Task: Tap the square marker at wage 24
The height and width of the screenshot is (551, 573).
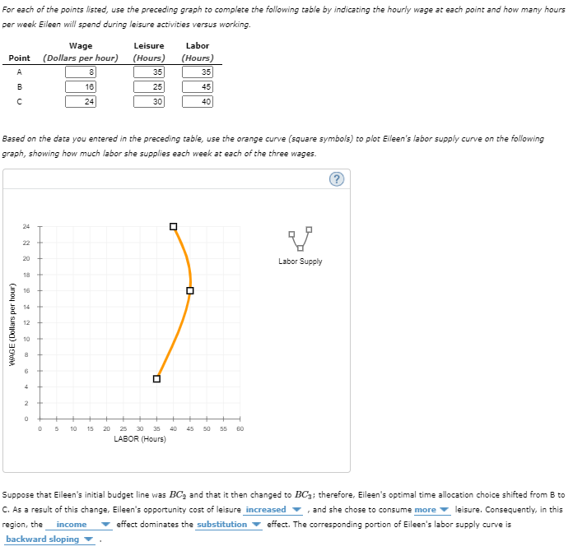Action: click(173, 226)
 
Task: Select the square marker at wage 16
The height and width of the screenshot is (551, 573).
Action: click(190, 290)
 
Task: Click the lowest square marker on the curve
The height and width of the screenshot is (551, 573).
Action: click(156, 378)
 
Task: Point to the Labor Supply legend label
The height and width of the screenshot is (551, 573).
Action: click(300, 262)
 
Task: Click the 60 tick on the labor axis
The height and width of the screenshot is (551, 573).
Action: click(240, 428)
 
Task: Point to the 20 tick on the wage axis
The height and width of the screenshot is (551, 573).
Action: click(26, 258)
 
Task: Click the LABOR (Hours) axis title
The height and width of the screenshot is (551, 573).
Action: click(140, 439)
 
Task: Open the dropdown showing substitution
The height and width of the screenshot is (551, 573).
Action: click(227, 525)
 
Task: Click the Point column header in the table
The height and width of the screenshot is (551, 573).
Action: click(19, 58)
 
